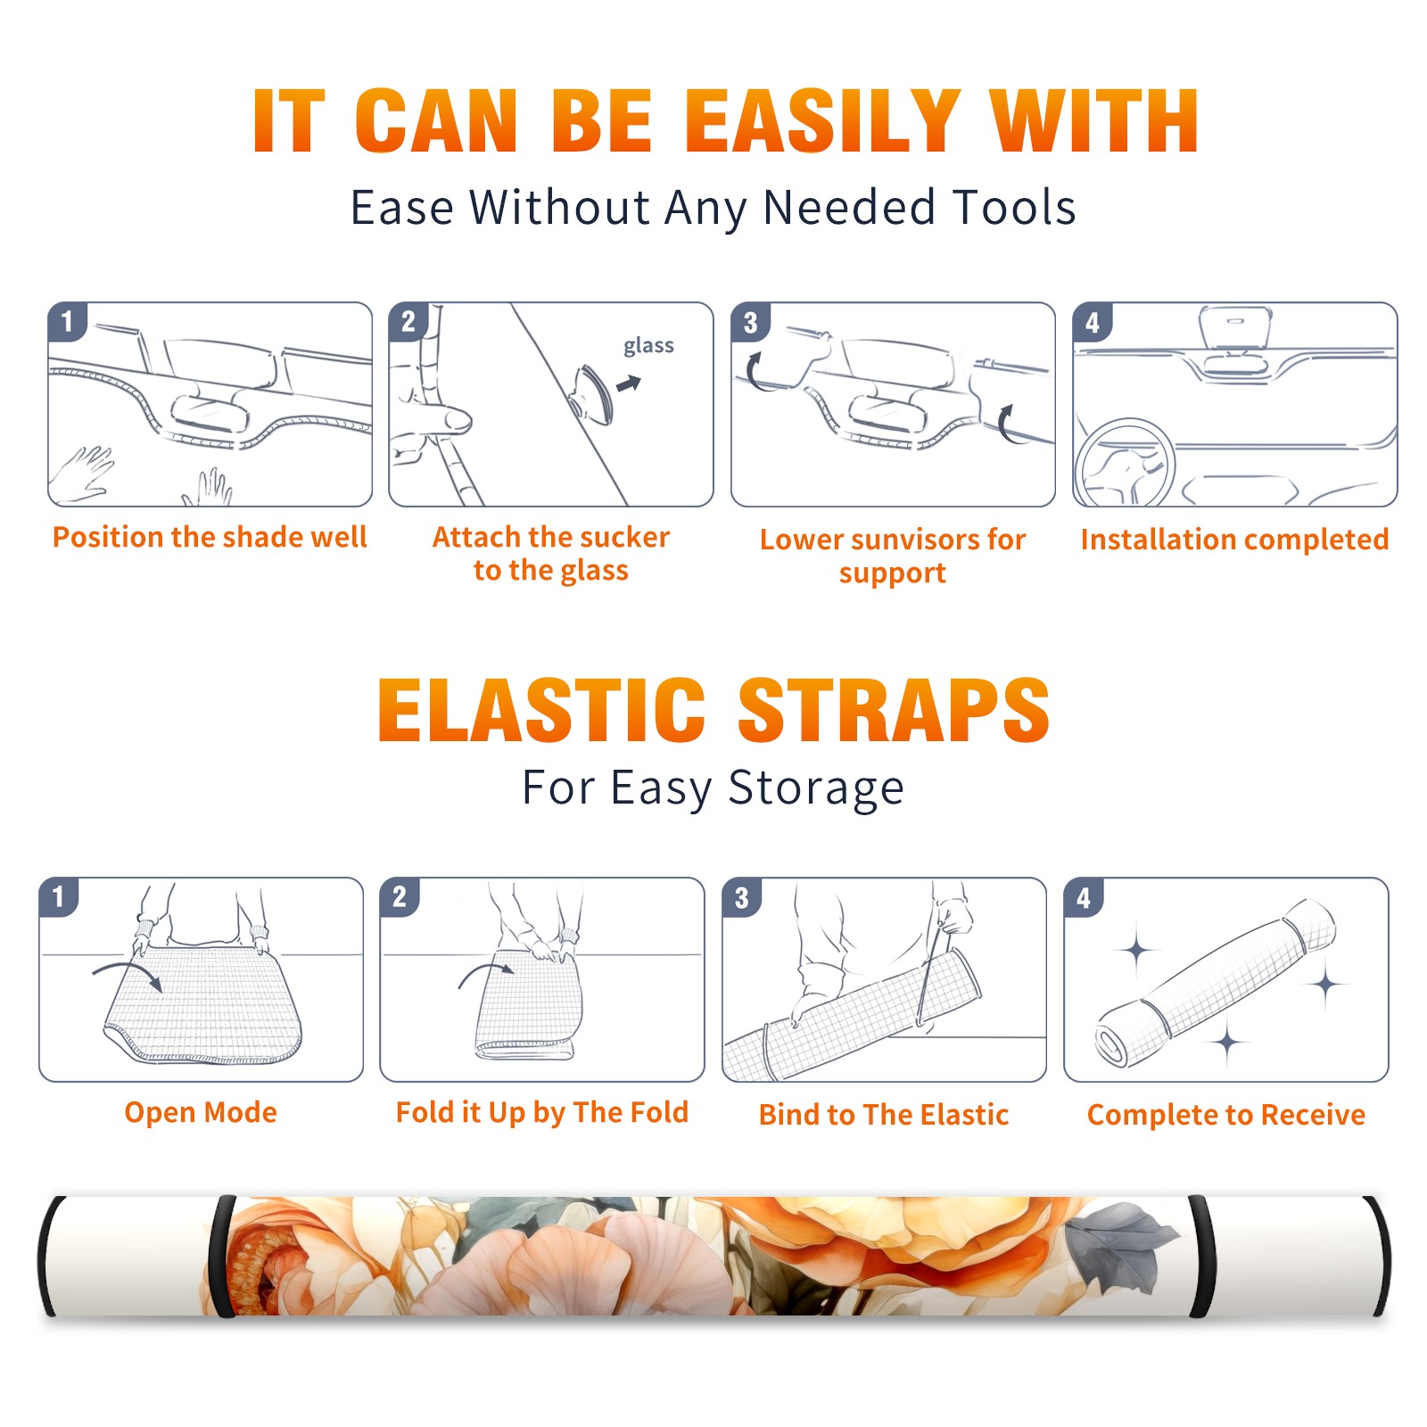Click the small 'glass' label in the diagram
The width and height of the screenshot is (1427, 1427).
[x=648, y=346]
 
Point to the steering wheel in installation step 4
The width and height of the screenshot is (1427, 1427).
[x=1126, y=463]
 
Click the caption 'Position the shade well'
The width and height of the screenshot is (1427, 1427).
[x=210, y=537]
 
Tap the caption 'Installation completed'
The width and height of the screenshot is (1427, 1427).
[x=1234, y=540]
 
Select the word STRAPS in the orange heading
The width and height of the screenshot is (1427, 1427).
[x=894, y=710]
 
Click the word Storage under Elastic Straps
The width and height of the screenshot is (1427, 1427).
[x=816, y=788]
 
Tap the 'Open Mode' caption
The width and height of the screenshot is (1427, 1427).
[x=201, y=1112]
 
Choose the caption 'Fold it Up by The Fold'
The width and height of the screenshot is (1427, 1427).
[x=542, y=1113]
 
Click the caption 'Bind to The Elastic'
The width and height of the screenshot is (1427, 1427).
[x=884, y=1115]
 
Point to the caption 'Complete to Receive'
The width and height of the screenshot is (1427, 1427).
[x=1226, y=1115]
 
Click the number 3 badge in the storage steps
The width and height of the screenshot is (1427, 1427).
[x=742, y=897]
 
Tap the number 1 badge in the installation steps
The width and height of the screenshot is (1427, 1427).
[x=67, y=321]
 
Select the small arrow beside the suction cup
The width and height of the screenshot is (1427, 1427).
[x=629, y=384]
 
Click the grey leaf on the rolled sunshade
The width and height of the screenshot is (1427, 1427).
[x=1120, y=1241]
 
